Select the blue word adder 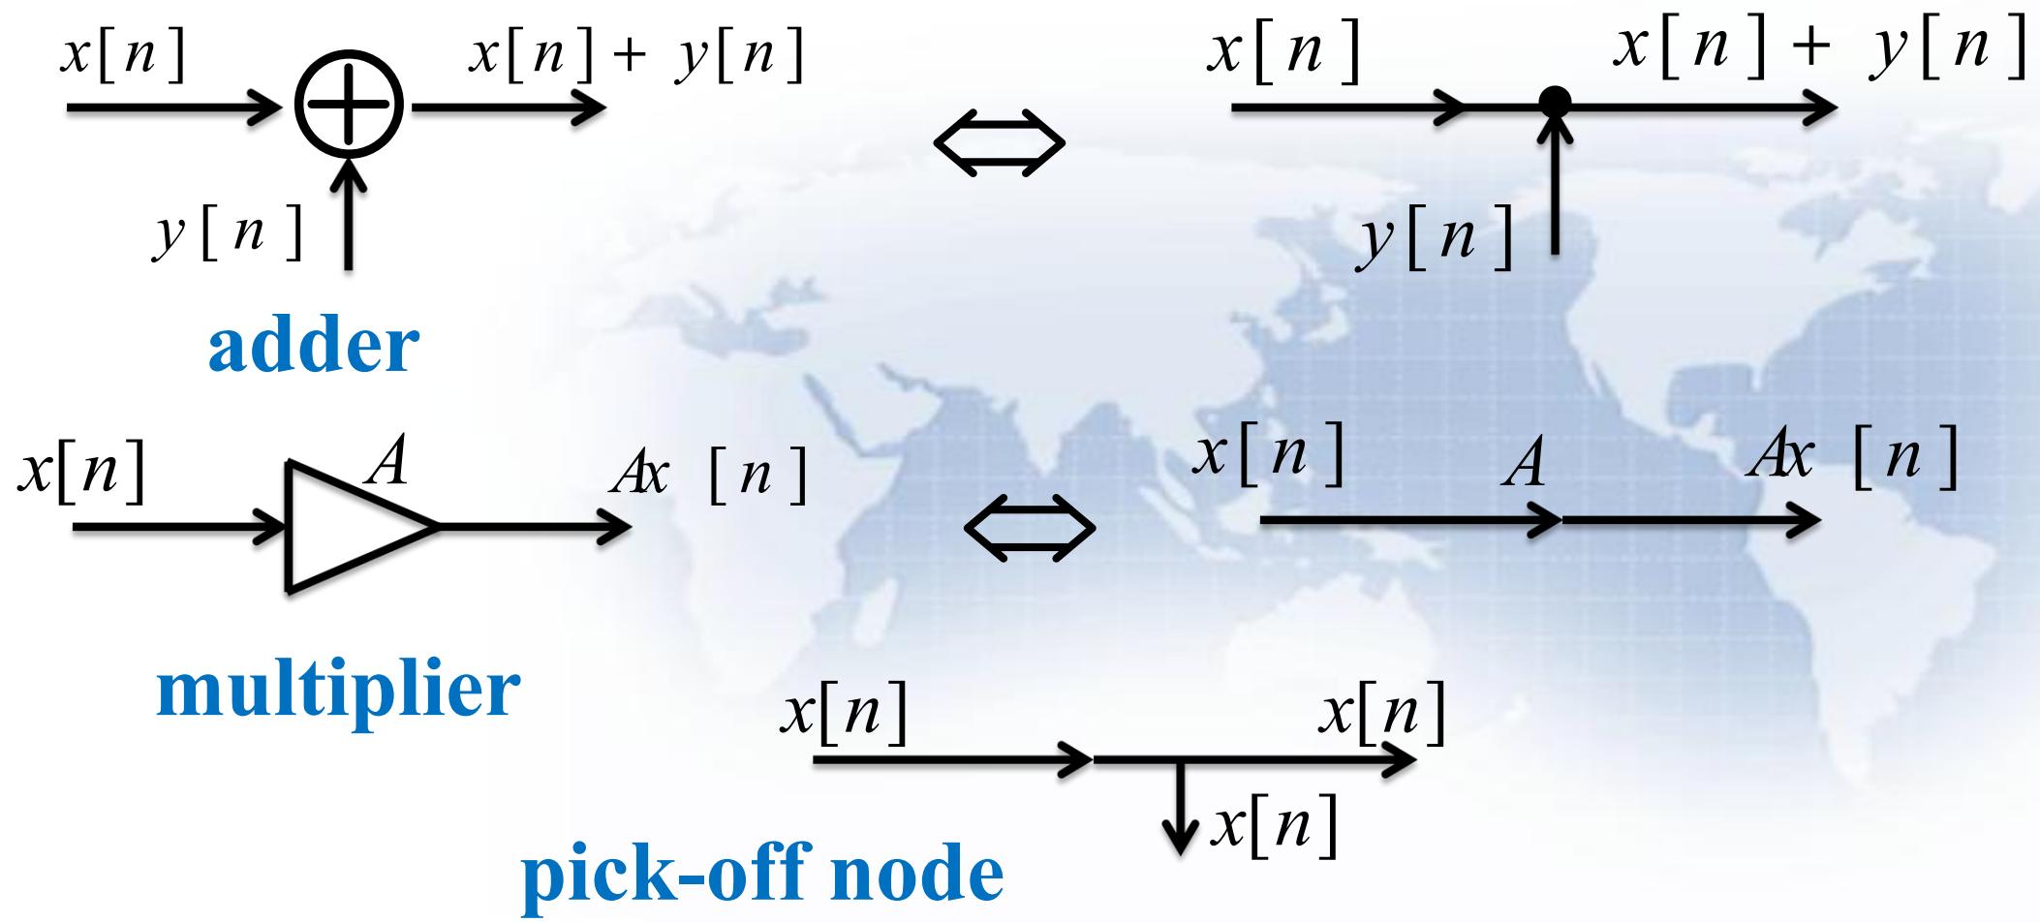pyautogui.click(x=314, y=346)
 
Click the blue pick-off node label pyautogui.click(x=763, y=873)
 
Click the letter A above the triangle pyautogui.click(x=386, y=463)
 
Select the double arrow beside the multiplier pyautogui.click(x=1031, y=528)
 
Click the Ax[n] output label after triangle pyautogui.click(x=709, y=476)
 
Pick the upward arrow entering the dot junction pyautogui.click(x=1555, y=184)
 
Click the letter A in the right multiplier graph pyautogui.click(x=1525, y=464)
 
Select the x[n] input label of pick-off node pyautogui.click(x=844, y=714)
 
